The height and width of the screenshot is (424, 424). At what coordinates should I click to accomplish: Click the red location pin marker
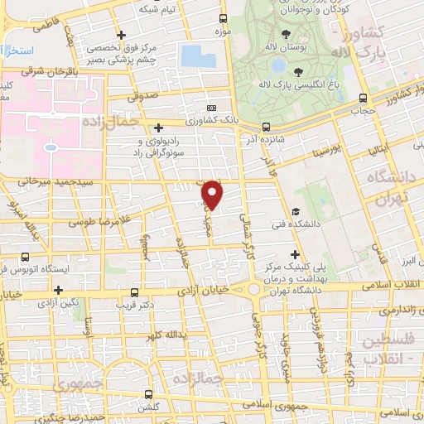(214, 194)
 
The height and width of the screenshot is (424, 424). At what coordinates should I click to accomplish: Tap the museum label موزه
(220, 31)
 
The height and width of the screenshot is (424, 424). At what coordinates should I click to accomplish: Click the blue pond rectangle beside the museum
(197, 56)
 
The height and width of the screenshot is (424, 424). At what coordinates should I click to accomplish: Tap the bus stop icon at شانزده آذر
(266, 127)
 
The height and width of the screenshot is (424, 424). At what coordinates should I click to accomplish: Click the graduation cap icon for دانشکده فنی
(296, 211)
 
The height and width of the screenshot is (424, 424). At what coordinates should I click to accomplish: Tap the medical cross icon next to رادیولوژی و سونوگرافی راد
(158, 127)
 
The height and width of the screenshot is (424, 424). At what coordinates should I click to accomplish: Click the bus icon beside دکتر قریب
(135, 292)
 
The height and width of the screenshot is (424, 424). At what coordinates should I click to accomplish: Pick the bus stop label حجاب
(364, 109)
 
